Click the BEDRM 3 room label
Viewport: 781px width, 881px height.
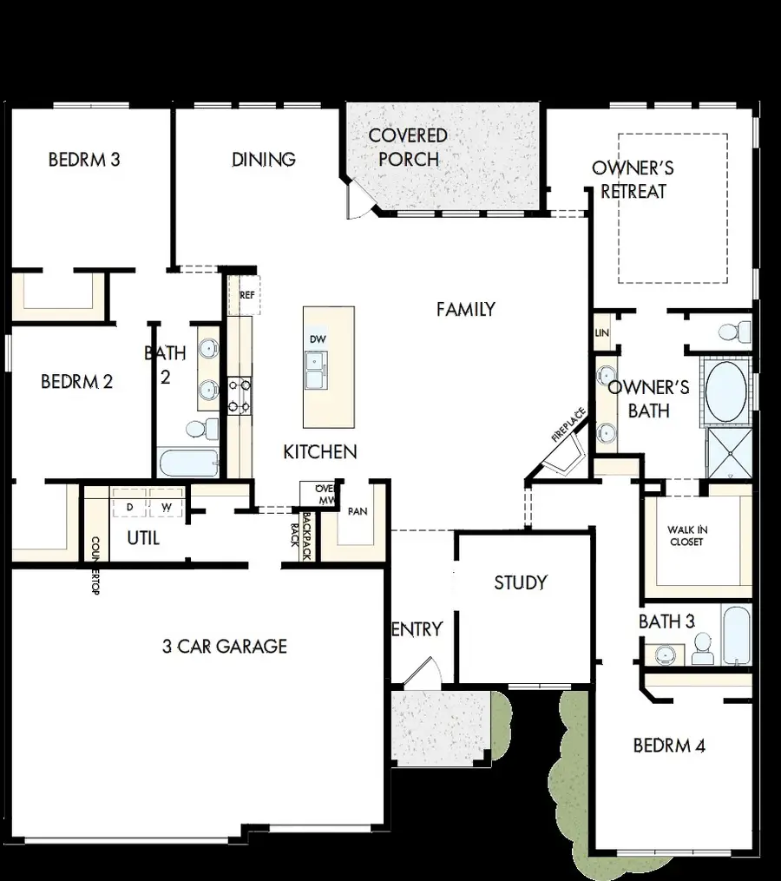coord(84,160)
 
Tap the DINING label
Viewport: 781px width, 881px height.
coord(264,160)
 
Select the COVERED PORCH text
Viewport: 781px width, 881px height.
coord(408,148)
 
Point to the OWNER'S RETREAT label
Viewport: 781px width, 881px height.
coord(633,180)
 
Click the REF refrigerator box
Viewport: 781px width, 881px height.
coord(246,295)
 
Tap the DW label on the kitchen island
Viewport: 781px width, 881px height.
coord(316,339)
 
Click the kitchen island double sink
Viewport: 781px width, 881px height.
coord(317,371)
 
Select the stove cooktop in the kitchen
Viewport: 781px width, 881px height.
coord(239,396)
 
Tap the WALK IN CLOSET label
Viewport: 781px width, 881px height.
coord(686,536)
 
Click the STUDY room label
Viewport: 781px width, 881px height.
coord(521,582)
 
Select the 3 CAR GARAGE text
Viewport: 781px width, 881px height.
coord(225,646)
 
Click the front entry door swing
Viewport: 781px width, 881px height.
coord(423,674)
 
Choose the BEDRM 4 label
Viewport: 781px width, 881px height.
coord(669,745)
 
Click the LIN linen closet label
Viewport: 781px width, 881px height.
coord(601,333)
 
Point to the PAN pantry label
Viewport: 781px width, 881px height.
coord(358,512)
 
